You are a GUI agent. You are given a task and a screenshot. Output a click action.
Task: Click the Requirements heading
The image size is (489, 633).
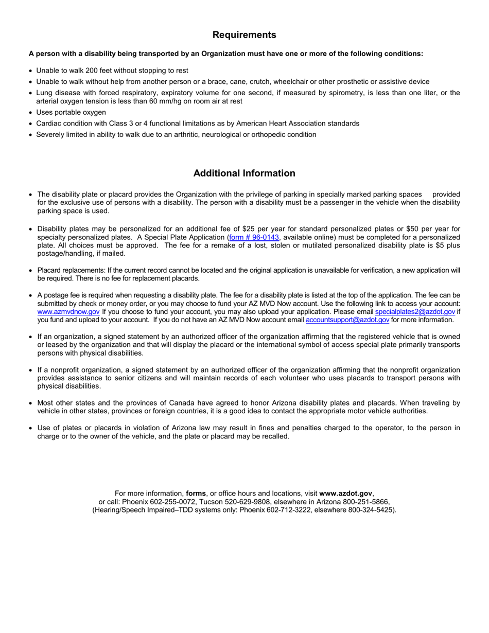pyautogui.click(x=244, y=35)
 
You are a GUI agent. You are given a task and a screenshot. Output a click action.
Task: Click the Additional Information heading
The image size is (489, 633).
pyautogui.click(x=244, y=173)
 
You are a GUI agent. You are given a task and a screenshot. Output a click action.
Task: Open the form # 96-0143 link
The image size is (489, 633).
pyautogui.click(x=254, y=237)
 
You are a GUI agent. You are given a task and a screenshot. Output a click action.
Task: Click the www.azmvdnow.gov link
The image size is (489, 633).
pyautogui.click(x=68, y=312)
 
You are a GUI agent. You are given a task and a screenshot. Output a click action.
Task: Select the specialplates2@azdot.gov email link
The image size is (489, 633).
pyautogui.click(x=415, y=312)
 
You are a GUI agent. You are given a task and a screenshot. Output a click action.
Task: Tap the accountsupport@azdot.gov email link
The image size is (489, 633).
pyautogui.click(x=347, y=320)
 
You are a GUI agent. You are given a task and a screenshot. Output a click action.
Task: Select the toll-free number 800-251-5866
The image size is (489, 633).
pyautogui.click(x=368, y=502)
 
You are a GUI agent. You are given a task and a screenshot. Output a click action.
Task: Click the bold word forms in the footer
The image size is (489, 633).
pyautogui.click(x=196, y=493)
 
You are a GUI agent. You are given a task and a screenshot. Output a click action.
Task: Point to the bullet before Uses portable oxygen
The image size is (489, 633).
pyautogui.click(x=31, y=113)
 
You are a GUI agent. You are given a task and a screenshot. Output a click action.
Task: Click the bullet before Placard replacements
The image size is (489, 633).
pyautogui.click(x=31, y=271)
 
